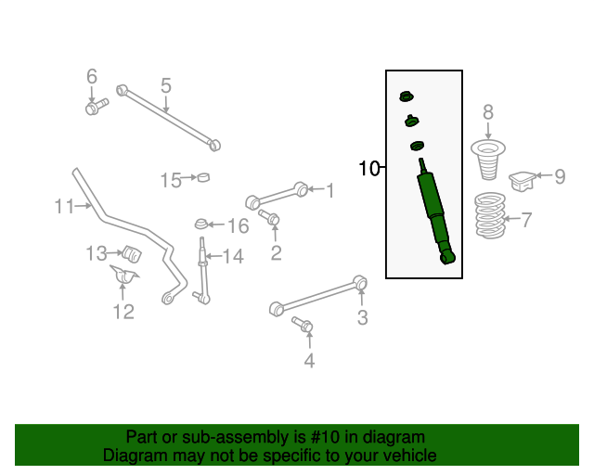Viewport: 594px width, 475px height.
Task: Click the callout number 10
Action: (368, 168)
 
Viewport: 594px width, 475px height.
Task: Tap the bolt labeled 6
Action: (97, 107)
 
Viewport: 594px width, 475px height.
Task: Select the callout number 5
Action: (166, 85)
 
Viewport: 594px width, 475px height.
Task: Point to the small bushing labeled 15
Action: (204, 177)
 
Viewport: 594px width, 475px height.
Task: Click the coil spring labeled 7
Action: (490, 215)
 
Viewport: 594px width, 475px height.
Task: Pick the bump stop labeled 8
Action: (488, 160)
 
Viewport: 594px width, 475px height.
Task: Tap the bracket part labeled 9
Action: (523, 181)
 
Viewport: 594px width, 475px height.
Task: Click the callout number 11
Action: (64, 207)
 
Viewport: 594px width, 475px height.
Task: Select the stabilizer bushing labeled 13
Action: (132, 253)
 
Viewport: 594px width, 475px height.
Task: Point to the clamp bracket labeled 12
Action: (123, 275)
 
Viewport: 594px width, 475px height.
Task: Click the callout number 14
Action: (233, 256)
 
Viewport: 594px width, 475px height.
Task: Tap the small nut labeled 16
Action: (200, 224)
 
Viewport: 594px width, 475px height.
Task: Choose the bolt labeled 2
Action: (269, 217)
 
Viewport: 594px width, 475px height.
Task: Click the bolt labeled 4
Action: (303, 325)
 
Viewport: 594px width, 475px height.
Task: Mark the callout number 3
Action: (363, 317)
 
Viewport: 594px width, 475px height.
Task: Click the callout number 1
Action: (330, 190)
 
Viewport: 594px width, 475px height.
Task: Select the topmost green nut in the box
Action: (407, 96)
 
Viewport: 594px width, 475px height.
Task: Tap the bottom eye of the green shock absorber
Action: (447, 258)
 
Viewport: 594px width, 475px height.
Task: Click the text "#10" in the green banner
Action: (325, 437)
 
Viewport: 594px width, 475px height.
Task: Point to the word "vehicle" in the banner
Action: (414, 456)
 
